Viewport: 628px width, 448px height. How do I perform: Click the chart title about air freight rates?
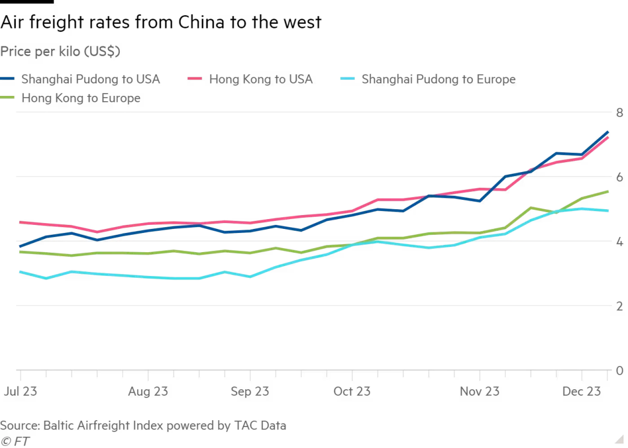pos(160,23)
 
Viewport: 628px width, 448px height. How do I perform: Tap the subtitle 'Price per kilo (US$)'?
pos(60,52)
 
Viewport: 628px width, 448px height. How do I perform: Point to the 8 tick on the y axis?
pos(620,113)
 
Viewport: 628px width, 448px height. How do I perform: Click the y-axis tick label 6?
pos(620,177)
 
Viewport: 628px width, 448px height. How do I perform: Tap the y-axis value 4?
pos(620,242)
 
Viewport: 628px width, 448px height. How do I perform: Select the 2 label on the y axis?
pos(620,306)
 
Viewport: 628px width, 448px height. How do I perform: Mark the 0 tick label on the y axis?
pos(620,371)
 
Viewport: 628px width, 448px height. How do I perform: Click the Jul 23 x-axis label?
pos(20,391)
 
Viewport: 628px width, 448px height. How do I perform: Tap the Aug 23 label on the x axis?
pos(148,391)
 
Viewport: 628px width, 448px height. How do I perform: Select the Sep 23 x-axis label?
pos(250,391)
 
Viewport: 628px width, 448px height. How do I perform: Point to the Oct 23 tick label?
pos(352,391)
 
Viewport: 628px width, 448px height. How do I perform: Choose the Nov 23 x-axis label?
pos(480,391)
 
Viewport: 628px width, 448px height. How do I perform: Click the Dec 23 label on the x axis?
pos(581,391)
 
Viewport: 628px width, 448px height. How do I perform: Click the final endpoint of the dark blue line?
pos(608,132)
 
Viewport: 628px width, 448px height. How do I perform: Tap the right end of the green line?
pos(608,191)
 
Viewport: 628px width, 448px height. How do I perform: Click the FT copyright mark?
pos(15,441)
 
